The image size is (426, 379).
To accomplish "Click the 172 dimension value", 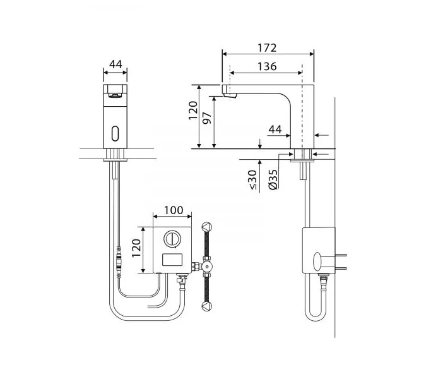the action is [267, 48].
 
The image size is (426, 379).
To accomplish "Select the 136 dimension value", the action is [267, 66].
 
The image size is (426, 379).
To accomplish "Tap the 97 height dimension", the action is [207, 117].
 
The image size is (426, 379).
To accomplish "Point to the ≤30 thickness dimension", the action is [252, 179].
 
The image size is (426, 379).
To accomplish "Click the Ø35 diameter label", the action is [273, 179].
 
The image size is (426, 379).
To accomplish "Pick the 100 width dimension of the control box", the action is [174, 210].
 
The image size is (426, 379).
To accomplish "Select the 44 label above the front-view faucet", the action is [115, 64].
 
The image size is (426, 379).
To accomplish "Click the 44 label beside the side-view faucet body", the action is [275, 129].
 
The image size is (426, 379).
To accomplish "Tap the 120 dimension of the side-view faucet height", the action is [193, 110].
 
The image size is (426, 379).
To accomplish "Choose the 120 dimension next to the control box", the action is [136, 248].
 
